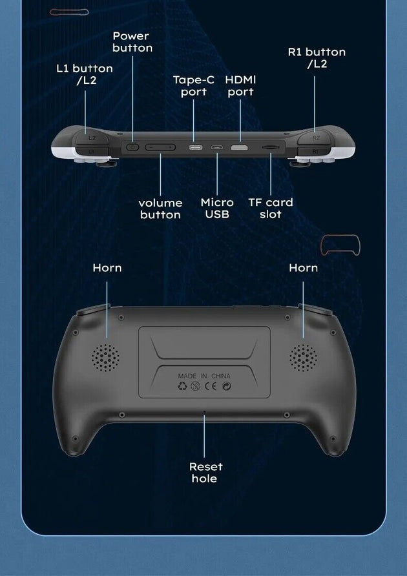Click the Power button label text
(x=132, y=42)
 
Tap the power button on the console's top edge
(x=132, y=147)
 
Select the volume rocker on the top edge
(x=160, y=147)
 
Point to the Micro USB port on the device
(x=216, y=148)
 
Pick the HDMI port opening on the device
(x=239, y=147)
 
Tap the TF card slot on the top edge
(x=271, y=147)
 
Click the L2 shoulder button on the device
(x=91, y=138)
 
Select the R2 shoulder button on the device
(x=315, y=138)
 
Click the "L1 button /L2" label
(x=85, y=74)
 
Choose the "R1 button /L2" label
(x=317, y=57)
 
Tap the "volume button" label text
(x=160, y=209)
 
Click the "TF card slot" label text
(x=271, y=208)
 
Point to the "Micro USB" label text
(x=217, y=208)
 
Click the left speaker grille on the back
(x=105, y=358)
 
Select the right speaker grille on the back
(x=303, y=358)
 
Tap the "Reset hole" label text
(x=205, y=473)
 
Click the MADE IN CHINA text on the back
(x=204, y=376)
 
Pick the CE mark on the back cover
(x=211, y=386)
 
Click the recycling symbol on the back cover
(x=182, y=386)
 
